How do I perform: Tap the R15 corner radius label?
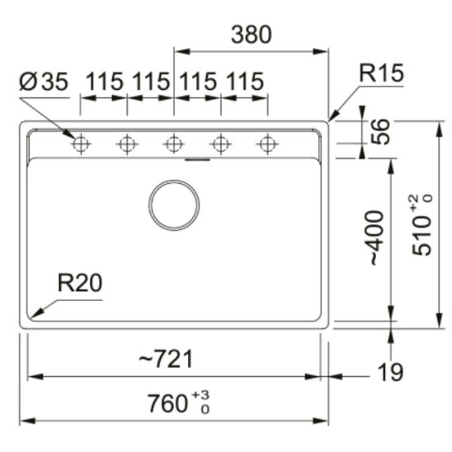[381, 73]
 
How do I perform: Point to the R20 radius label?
[79, 284]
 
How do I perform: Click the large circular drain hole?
[174, 205]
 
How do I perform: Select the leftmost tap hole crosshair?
[80, 145]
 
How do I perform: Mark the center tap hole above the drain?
[173, 145]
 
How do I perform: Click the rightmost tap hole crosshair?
[266, 145]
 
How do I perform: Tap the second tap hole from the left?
[126, 145]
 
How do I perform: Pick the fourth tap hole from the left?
[220, 145]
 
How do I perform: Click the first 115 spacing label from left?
[104, 82]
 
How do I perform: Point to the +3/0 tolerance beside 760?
[200, 403]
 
